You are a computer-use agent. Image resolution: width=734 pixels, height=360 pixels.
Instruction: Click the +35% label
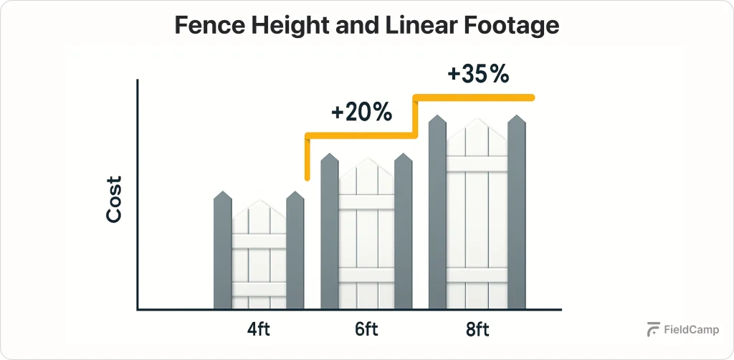tap(478, 74)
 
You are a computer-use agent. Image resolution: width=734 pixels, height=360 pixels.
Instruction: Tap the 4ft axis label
tap(259, 331)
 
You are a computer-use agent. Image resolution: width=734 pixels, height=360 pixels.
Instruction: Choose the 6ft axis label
tap(366, 331)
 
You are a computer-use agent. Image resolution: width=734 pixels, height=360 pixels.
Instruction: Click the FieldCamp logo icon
tap(653, 329)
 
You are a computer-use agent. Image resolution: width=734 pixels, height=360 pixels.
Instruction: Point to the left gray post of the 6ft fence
tap(330, 233)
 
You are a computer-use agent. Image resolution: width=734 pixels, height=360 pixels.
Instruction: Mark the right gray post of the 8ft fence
tap(517, 215)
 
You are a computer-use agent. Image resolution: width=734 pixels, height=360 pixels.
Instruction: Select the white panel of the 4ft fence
tap(259, 258)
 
